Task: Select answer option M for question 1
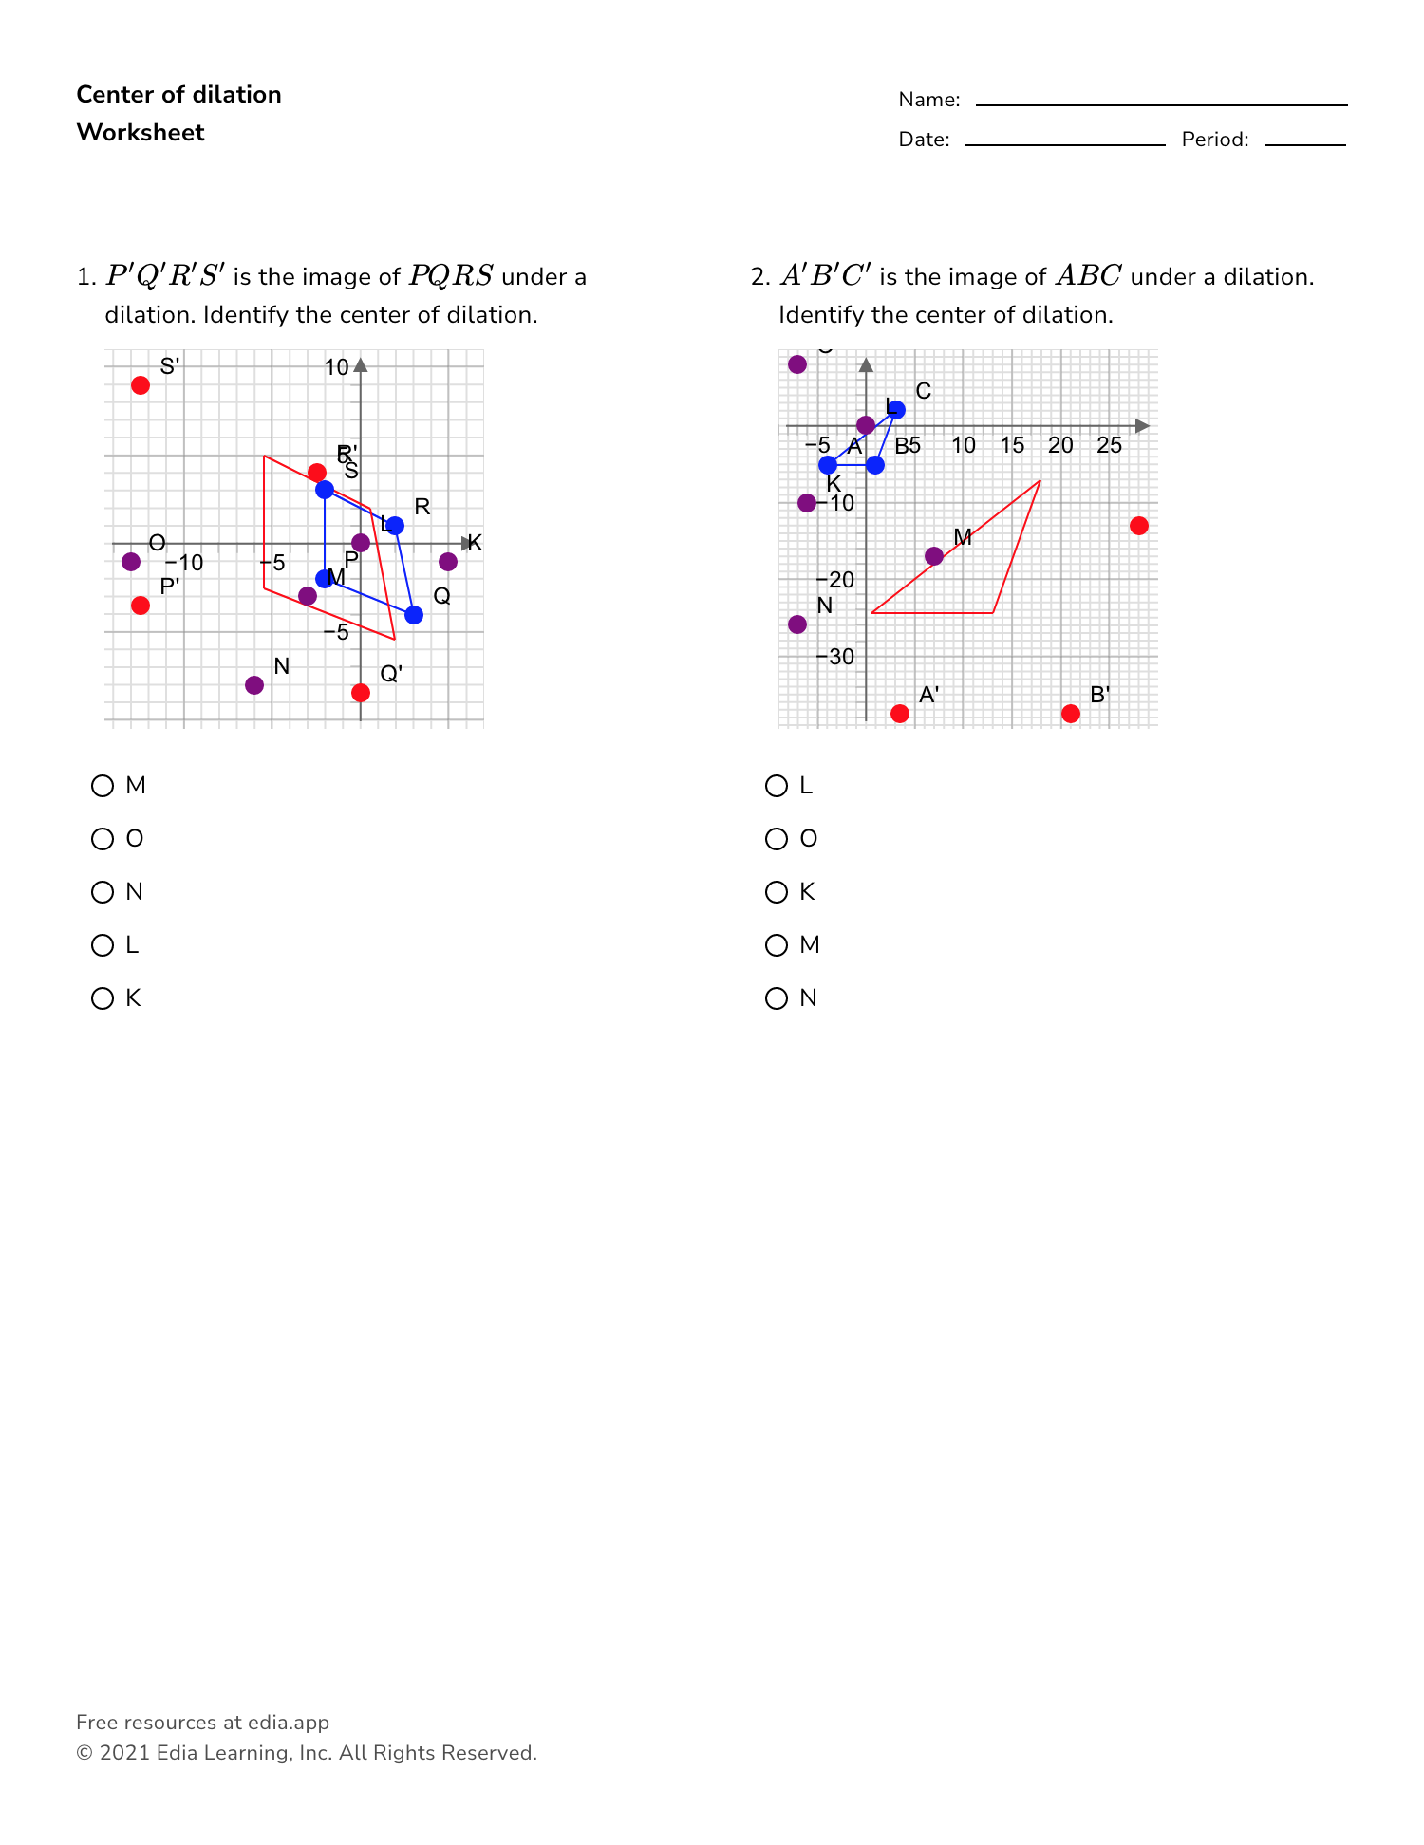pos(103,786)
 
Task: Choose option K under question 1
pos(103,998)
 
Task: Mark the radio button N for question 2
pos(777,998)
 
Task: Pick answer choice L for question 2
pos(777,786)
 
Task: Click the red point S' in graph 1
pos(141,385)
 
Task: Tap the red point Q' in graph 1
pos(361,693)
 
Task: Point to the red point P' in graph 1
pos(141,606)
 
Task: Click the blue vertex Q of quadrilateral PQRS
pos(414,615)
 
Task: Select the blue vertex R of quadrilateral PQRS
pos(395,526)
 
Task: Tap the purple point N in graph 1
pos(254,685)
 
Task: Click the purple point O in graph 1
pos(131,562)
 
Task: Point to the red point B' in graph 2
pos(1071,714)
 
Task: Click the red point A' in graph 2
pos(900,714)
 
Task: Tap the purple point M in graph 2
pos(934,556)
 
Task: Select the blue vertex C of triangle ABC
pos(896,410)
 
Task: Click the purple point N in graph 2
pos(797,624)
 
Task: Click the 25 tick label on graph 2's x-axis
pos(1109,445)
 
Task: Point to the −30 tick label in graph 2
pos(835,657)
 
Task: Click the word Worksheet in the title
pos(141,133)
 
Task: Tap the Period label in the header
pos(1215,140)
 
